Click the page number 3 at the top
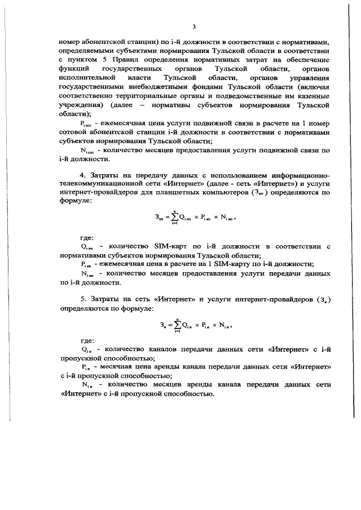[193, 26]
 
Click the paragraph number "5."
[83, 297]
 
